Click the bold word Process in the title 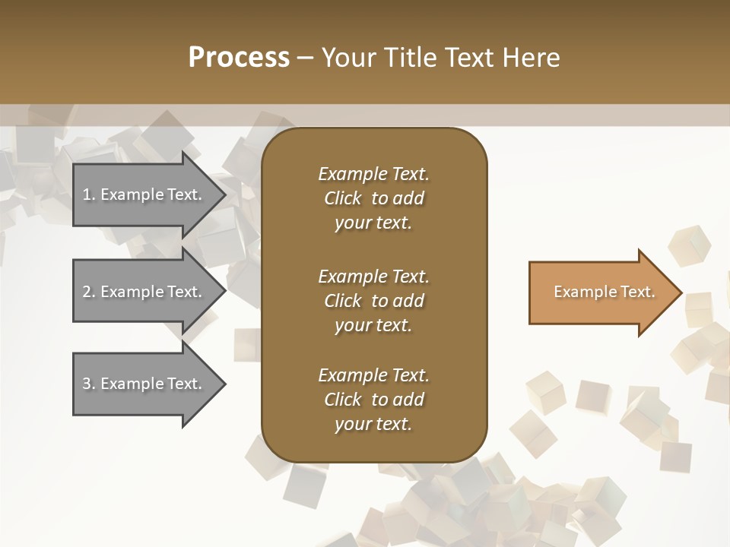[x=239, y=58]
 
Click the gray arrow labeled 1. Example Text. [x=144, y=194]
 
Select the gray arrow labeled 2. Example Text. [x=144, y=292]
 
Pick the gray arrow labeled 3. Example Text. [x=144, y=384]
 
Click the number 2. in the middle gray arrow [x=89, y=292]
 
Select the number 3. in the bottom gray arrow [x=89, y=384]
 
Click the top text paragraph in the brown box [x=373, y=198]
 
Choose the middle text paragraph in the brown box [x=373, y=300]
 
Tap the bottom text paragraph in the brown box [x=373, y=400]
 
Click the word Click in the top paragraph [x=343, y=198]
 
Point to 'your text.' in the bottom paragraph [x=373, y=424]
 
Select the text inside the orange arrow [x=604, y=292]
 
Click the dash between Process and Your [x=305, y=58]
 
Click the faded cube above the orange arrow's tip [x=689, y=245]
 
